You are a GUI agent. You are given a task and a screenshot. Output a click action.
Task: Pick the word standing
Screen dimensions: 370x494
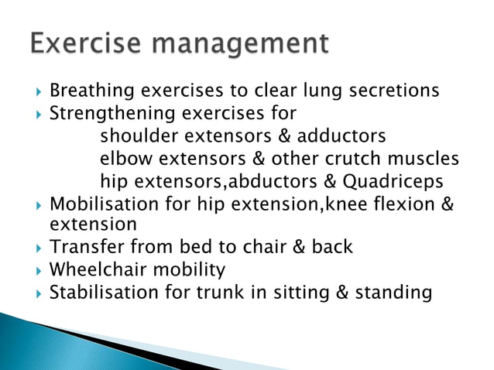click(x=392, y=293)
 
